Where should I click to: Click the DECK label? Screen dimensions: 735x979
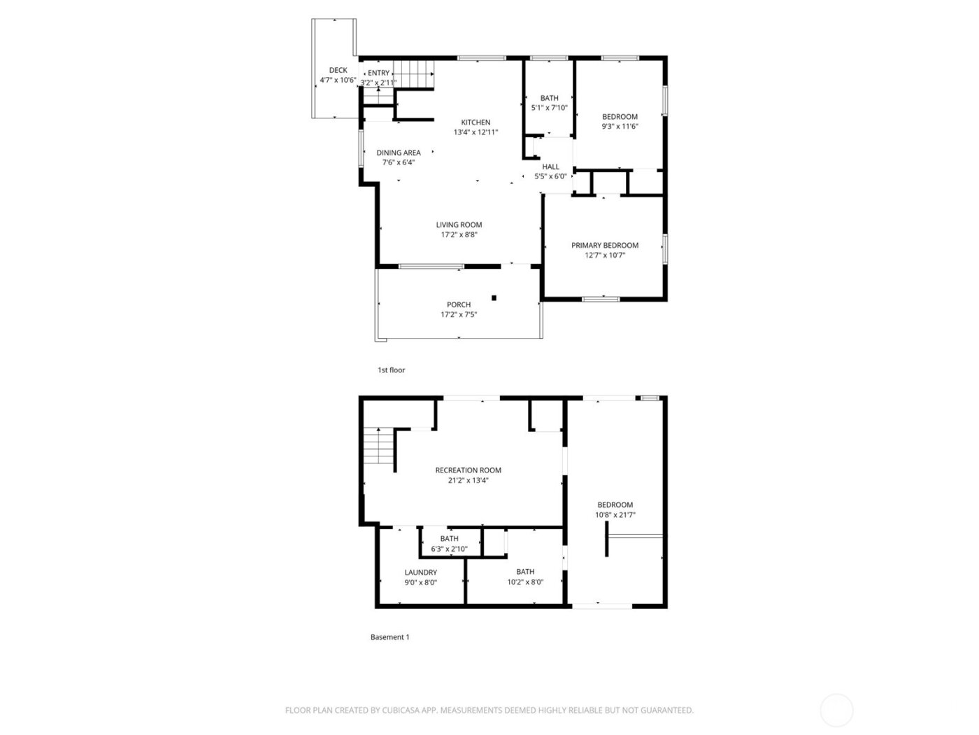pos(338,70)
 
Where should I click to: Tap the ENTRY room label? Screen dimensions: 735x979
pos(378,73)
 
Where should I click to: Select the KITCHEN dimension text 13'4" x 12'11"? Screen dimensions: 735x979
pos(476,132)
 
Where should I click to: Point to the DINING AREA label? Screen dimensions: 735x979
pos(399,153)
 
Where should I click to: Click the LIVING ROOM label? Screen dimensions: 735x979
pos(459,225)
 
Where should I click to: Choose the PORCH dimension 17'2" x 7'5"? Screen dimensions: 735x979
pos(459,315)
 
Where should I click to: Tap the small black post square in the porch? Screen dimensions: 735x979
pos(494,298)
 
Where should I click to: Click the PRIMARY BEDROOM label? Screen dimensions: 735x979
pos(605,245)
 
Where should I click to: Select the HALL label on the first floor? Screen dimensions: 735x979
pos(551,167)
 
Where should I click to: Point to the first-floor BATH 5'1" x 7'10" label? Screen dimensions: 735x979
pos(550,98)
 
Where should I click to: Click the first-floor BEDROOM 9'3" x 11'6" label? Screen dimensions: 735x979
pos(620,117)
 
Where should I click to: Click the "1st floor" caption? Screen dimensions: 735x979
pos(391,370)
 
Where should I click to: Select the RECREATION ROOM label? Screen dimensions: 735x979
pos(468,470)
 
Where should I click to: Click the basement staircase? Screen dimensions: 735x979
pos(378,447)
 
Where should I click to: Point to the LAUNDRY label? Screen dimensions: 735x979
pos(420,572)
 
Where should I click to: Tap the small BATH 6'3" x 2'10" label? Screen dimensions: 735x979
pos(450,539)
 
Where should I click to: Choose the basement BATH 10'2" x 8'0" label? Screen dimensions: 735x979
pos(525,572)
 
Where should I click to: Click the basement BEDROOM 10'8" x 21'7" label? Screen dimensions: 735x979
pos(615,505)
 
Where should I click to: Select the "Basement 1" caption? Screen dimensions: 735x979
pos(390,637)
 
